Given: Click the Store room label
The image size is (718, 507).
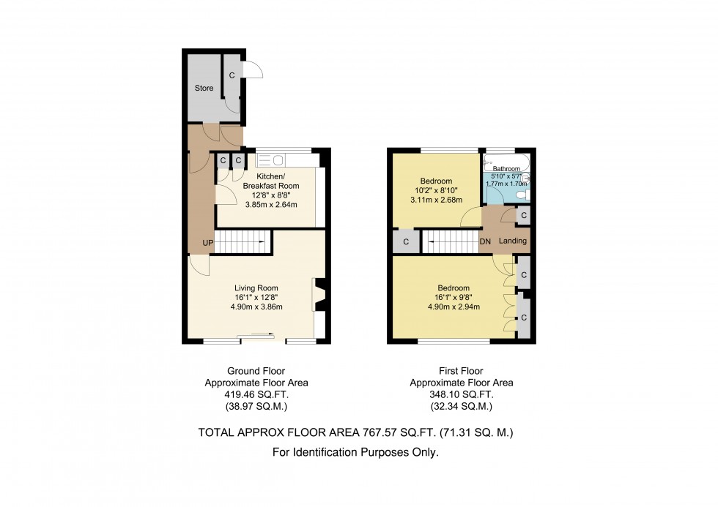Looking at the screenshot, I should [204, 89].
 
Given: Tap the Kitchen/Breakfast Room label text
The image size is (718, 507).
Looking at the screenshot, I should [271, 181].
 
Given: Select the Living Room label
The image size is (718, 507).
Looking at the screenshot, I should [256, 288].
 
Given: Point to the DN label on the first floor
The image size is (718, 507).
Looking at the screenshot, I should [485, 241].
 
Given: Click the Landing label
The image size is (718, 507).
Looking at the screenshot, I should [513, 241].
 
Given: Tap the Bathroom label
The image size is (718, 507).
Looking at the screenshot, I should [506, 169].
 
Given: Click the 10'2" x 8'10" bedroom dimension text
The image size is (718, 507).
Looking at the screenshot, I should [435, 191].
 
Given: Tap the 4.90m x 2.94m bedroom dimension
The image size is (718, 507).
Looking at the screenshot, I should [454, 307].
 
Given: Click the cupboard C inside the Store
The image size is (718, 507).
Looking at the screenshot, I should [232, 75].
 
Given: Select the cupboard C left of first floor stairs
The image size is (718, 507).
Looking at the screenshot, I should [406, 241].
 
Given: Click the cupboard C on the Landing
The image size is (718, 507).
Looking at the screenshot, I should [522, 215].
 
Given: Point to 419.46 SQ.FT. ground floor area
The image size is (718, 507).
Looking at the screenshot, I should [256, 394].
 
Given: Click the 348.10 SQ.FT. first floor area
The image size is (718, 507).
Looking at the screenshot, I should [461, 394].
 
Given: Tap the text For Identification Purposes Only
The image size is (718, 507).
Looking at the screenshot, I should [355, 453].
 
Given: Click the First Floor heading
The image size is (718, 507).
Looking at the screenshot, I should [461, 371].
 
